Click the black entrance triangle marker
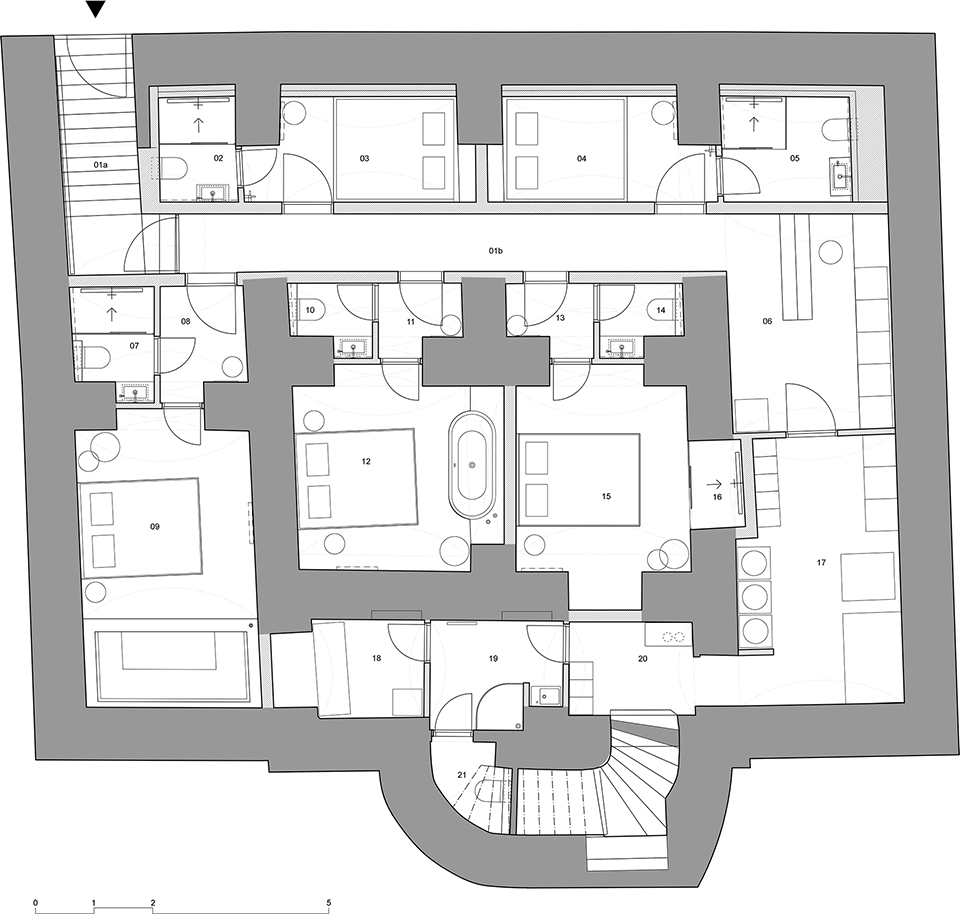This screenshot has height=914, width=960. pos(96,9)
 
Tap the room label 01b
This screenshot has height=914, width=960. pos(496,251)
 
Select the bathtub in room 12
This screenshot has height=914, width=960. pos(472,465)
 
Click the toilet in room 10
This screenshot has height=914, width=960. pos(307,310)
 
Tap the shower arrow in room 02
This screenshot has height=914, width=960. pos(198,125)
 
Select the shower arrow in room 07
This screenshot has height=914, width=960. pos(111,314)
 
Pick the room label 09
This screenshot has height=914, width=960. pos(154,526)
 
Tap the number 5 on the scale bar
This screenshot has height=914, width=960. pos(329,886)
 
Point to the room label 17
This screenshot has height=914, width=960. pos(821,563)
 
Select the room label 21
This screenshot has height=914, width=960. pos(462,774)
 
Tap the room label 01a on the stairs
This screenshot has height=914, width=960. pos(100,165)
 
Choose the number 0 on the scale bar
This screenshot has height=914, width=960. pos(36,886)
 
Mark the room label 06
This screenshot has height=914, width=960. pos(767,321)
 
